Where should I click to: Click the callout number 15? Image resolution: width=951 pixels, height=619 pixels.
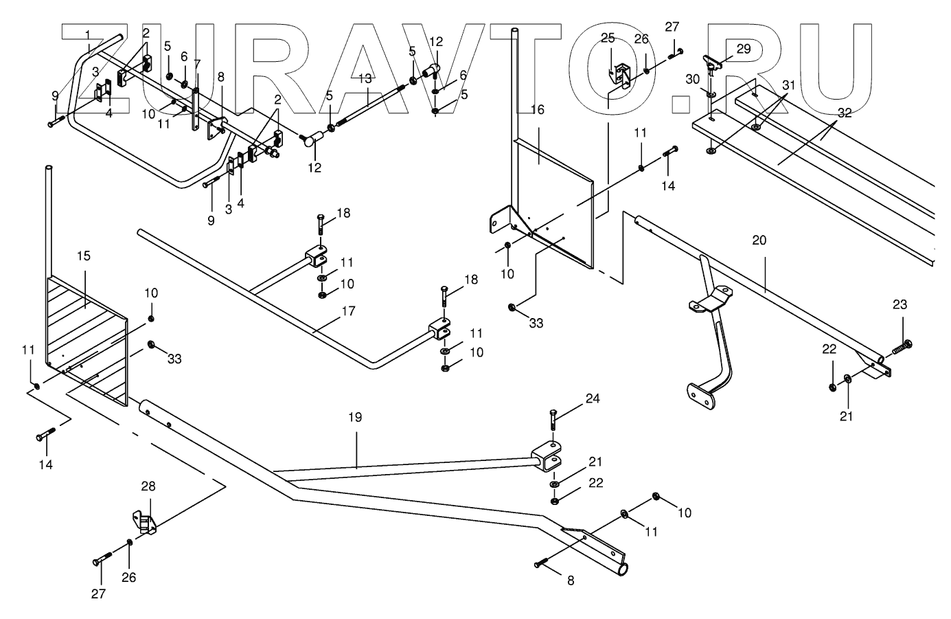(x=83, y=256)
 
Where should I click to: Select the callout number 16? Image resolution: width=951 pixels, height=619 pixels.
(x=537, y=109)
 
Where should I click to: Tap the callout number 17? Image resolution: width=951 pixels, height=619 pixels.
(x=348, y=311)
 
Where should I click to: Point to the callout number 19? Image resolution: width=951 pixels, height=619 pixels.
(x=355, y=417)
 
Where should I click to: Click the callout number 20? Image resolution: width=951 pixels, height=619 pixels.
(x=759, y=240)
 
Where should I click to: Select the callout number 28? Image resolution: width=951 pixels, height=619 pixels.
(x=148, y=486)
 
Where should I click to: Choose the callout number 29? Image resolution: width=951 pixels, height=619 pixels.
(x=743, y=48)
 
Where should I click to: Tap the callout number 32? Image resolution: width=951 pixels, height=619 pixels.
(x=845, y=113)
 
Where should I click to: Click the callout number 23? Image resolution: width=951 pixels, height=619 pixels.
(x=900, y=304)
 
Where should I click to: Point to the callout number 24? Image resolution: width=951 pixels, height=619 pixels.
(x=593, y=398)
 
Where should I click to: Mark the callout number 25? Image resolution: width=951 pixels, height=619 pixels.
(x=608, y=37)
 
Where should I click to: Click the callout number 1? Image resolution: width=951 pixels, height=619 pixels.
(x=88, y=34)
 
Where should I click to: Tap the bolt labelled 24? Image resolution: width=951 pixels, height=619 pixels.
(x=553, y=418)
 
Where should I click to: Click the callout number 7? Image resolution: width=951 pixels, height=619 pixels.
(x=197, y=64)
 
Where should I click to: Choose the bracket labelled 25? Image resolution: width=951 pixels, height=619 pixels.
(x=622, y=74)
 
